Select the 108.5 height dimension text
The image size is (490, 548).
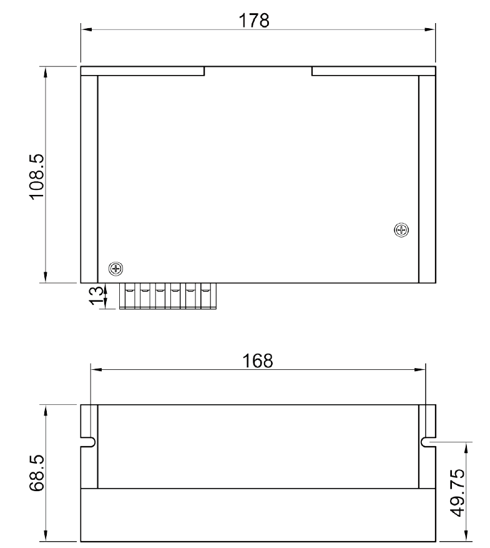pyautogui.click(x=37, y=177)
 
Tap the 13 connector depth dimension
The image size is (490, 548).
pyautogui.click(x=97, y=296)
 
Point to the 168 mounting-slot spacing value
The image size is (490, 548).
pyautogui.click(x=258, y=361)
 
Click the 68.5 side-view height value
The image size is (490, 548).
pyautogui.click(x=37, y=472)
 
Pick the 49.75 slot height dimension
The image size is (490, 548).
pyautogui.click(x=458, y=492)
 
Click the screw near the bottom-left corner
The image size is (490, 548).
pyautogui.click(x=116, y=269)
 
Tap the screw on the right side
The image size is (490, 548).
pyautogui.click(x=401, y=230)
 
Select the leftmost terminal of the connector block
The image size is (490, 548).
pyautogui.click(x=130, y=296)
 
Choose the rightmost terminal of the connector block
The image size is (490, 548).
pyautogui.click(x=206, y=296)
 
